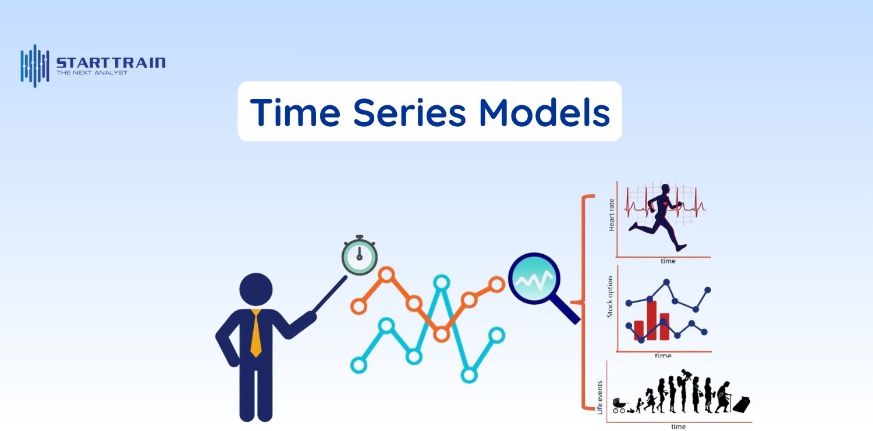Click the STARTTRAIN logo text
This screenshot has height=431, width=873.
coord(111,63)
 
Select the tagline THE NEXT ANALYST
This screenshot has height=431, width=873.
coord(92,73)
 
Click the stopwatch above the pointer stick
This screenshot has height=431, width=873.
coord(359,255)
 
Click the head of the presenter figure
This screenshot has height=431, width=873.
coord(256,289)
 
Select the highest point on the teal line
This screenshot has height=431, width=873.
coord(441,283)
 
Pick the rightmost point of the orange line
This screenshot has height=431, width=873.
coord(496,284)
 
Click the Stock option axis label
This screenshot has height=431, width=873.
coord(611,296)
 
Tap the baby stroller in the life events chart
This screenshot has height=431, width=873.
coord(619,405)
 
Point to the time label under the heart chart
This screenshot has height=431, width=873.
coord(668,261)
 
